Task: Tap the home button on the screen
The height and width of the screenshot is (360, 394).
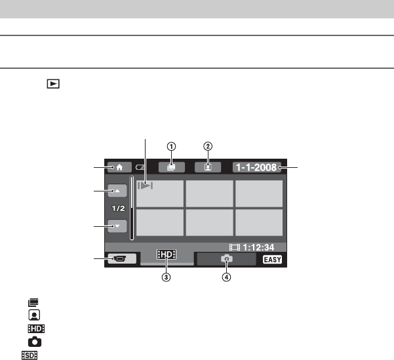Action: click(x=119, y=167)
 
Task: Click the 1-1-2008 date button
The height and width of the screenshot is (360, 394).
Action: click(x=256, y=167)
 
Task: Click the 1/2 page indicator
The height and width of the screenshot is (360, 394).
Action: click(x=118, y=209)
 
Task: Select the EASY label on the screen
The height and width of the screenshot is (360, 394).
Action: click(x=272, y=260)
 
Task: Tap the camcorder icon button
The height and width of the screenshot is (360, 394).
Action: click(x=122, y=258)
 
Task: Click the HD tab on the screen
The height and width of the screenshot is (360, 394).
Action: click(x=167, y=254)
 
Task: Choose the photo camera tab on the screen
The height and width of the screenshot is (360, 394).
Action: click(x=226, y=259)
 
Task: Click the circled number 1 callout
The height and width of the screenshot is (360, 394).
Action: click(x=171, y=146)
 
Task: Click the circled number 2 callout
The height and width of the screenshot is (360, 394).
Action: click(x=208, y=146)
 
